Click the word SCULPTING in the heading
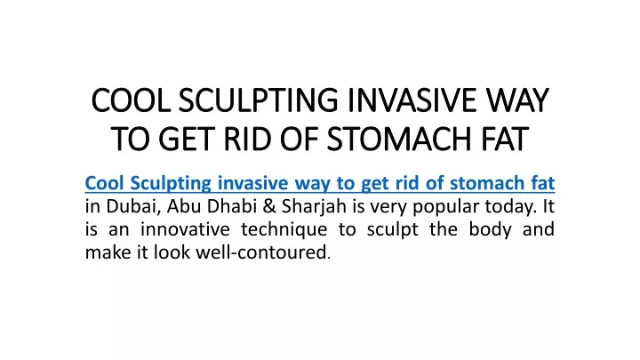(x=258, y=100)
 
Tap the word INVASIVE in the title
(x=411, y=100)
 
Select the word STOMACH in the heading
(x=400, y=140)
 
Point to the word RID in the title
(x=247, y=140)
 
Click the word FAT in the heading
(x=505, y=140)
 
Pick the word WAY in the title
(x=516, y=100)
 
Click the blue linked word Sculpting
(x=171, y=183)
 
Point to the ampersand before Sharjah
(x=269, y=206)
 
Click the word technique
(x=284, y=230)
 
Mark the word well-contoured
(x=263, y=252)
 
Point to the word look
(x=172, y=252)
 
